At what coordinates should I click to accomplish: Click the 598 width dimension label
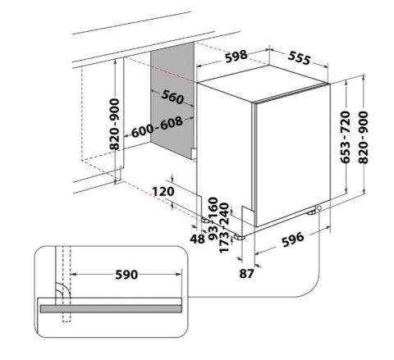(x=236, y=57)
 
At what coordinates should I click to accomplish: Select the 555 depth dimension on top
(x=300, y=58)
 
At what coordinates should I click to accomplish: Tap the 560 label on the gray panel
(x=172, y=97)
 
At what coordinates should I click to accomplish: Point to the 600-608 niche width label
(x=157, y=127)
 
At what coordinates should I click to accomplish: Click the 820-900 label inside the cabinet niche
(x=114, y=125)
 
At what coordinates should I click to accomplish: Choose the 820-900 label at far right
(x=364, y=138)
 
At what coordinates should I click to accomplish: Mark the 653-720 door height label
(x=346, y=138)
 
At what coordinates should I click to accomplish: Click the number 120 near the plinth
(x=163, y=191)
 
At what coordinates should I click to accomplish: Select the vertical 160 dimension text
(x=213, y=207)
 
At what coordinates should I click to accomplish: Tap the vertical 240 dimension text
(x=224, y=213)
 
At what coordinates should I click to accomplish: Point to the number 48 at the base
(x=197, y=239)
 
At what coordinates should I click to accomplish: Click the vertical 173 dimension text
(x=224, y=242)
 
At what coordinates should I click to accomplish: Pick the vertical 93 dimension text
(x=213, y=233)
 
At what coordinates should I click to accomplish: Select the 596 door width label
(x=293, y=239)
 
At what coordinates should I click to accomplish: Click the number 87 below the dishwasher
(x=247, y=273)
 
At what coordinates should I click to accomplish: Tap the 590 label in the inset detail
(x=126, y=275)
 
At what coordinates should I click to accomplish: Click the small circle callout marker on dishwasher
(x=318, y=208)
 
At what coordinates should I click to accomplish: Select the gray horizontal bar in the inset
(x=111, y=308)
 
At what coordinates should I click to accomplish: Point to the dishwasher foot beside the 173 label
(x=240, y=237)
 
